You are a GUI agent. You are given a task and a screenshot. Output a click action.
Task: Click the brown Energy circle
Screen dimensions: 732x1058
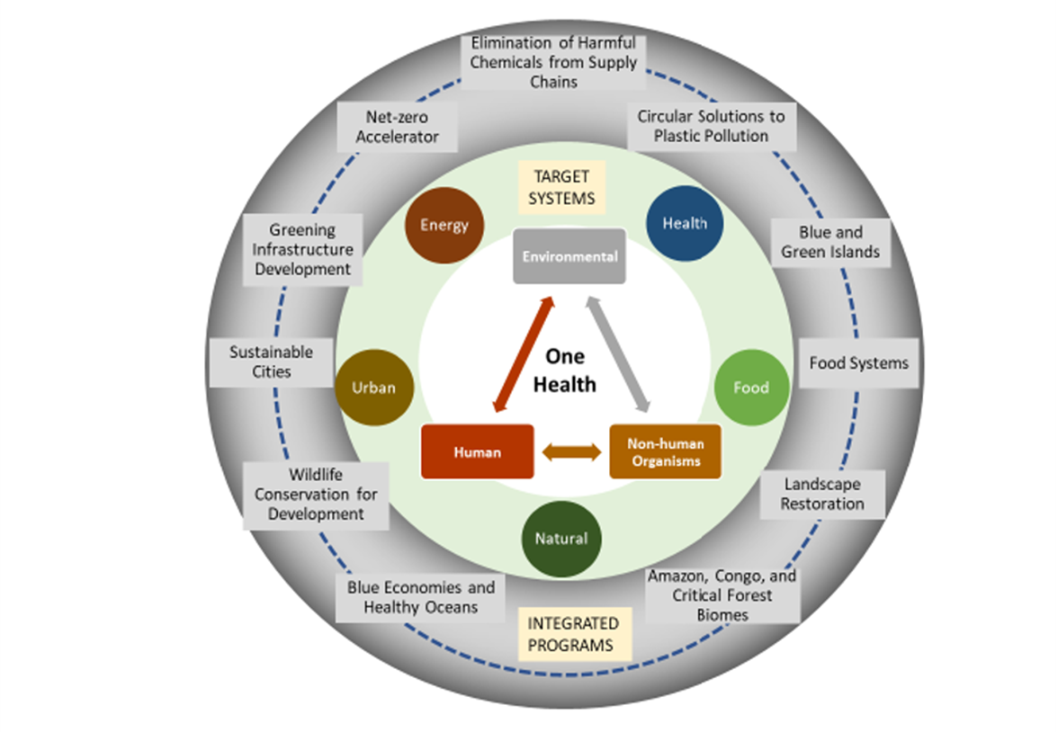(x=444, y=225)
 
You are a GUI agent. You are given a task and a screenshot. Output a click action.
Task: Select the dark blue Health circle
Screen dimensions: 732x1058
(x=685, y=224)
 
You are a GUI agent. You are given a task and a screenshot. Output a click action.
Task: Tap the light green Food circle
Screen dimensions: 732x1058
(x=751, y=388)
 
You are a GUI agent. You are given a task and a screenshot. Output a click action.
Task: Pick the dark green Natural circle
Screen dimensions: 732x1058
(x=561, y=540)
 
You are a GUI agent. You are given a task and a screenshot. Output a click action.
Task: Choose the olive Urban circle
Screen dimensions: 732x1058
(x=373, y=388)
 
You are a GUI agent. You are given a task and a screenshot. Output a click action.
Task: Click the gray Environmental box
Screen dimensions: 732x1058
(x=569, y=256)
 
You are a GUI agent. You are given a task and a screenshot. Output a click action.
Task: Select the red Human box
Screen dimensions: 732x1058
(x=477, y=452)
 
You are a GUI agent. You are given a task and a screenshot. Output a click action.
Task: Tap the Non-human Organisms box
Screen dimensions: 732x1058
(x=666, y=451)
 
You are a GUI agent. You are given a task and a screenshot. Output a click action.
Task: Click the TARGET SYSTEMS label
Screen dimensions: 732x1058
(x=561, y=187)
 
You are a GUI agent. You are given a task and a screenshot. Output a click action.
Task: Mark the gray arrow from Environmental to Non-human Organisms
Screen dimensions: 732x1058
(x=621, y=355)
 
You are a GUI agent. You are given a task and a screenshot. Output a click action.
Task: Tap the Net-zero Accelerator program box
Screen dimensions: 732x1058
(x=397, y=127)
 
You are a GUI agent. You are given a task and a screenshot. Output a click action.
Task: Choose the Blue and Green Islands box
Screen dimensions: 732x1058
(x=829, y=242)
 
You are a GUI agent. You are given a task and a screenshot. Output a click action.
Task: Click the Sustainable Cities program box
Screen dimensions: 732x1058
(x=258, y=361)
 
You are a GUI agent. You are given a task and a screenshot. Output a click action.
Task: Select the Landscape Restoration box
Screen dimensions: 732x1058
(x=821, y=494)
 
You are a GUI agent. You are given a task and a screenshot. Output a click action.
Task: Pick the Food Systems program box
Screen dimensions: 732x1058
(x=858, y=363)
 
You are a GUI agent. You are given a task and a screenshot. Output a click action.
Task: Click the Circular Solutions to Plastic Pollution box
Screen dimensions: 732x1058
(x=711, y=126)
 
